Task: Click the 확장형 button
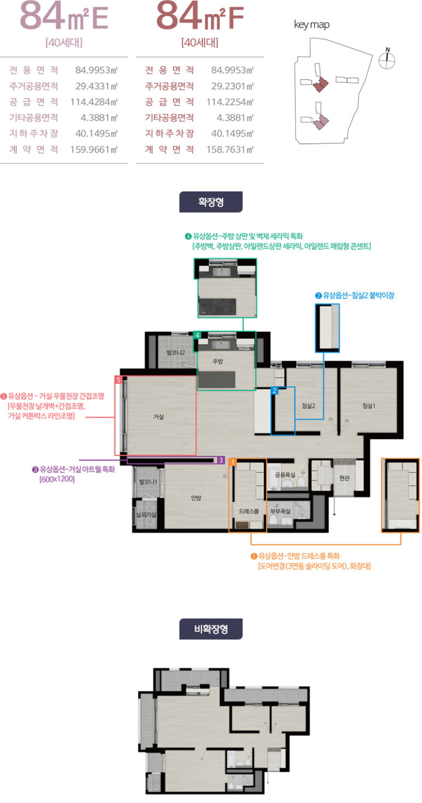coord(211,202)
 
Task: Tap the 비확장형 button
coord(211,629)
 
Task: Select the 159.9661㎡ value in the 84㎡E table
coord(94,149)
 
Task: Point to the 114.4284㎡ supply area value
coord(94,102)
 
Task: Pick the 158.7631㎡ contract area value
coord(230,149)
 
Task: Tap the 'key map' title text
coord(312,25)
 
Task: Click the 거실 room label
coord(158,417)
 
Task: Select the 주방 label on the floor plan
coord(217,361)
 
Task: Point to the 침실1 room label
coord(368,405)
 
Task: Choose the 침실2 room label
coord(308,405)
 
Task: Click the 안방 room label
coord(196,498)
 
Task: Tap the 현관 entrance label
coord(344,478)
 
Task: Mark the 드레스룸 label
coord(249,511)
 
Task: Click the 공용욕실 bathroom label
coord(285,475)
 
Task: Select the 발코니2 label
coord(175,352)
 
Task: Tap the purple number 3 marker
coord(221,460)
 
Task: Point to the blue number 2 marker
coord(275,391)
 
